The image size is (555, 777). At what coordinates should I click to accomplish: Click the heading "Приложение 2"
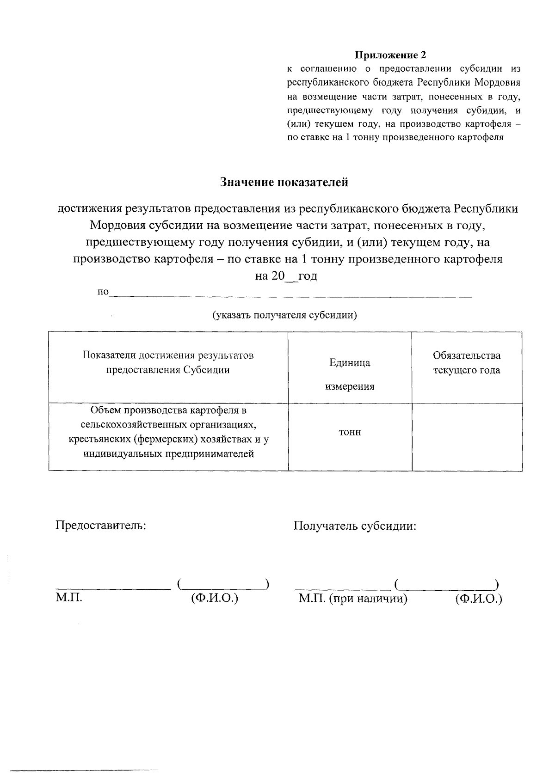(x=390, y=55)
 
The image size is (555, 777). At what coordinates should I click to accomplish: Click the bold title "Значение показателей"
(x=284, y=182)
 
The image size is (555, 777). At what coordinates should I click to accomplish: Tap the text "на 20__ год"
(x=286, y=276)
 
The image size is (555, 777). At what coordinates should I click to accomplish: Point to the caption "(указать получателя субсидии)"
(x=284, y=315)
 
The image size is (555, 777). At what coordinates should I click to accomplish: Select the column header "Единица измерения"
(x=350, y=374)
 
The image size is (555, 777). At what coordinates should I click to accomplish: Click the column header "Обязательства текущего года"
(x=466, y=363)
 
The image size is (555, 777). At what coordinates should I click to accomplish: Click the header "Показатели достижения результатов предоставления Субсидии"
(x=168, y=363)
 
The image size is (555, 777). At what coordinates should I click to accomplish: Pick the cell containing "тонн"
(x=350, y=432)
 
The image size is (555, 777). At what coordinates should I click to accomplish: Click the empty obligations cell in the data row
(x=467, y=436)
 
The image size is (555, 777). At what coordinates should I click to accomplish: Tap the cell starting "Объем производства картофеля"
(x=168, y=432)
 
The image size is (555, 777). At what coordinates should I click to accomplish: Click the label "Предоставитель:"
(x=101, y=526)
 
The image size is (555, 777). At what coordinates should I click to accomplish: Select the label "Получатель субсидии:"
(x=355, y=526)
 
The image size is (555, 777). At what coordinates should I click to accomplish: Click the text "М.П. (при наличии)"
(x=353, y=599)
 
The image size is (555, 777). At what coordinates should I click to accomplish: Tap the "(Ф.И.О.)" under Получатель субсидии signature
(x=478, y=599)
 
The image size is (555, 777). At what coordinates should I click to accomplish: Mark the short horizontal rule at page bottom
(x=84, y=731)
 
